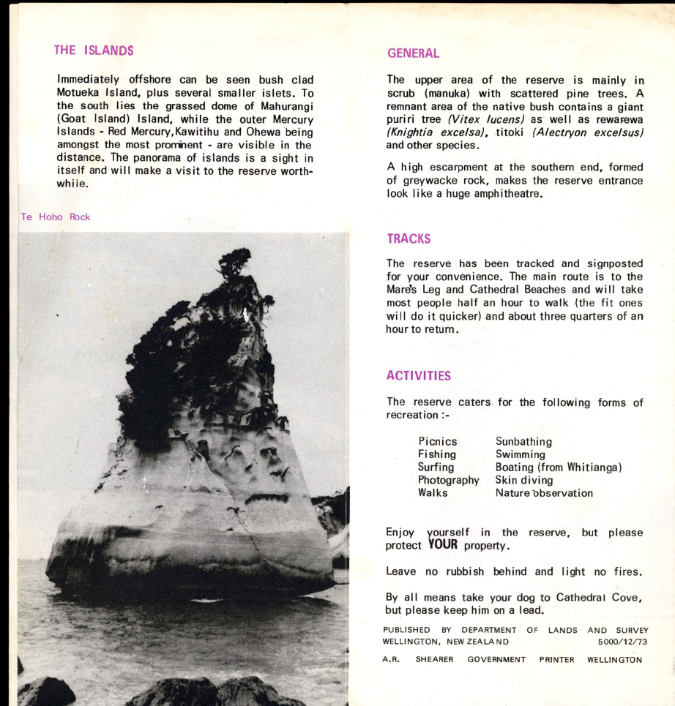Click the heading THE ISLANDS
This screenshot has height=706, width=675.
pos(94,50)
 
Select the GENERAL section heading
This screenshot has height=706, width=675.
pos(413,53)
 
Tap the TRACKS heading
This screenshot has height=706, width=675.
pos(409,239)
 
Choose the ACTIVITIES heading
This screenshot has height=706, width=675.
pos(419,375)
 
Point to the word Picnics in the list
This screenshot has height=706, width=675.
pos(438,441)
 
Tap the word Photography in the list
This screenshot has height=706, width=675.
pos(448,480)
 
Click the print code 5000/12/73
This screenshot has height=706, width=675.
pos(622,642)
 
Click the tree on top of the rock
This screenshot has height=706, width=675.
pos(234,262)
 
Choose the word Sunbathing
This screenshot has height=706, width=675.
pos(524,441)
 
